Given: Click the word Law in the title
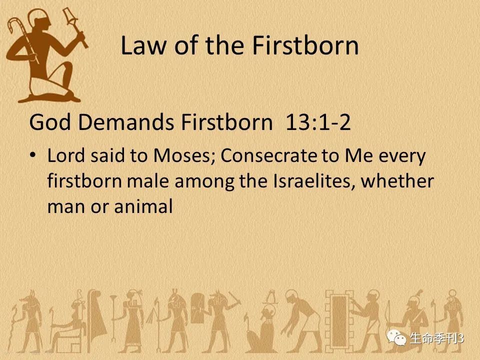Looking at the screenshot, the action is coord(143,45).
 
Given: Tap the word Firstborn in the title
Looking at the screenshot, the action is coord(305,45).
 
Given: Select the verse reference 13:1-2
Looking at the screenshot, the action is coord(318,122).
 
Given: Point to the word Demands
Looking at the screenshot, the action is coord(126,122).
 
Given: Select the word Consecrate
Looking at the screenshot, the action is coord(268,155).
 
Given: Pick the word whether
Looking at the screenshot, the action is coord(397,181).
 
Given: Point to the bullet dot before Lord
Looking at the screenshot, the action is coord(33,155).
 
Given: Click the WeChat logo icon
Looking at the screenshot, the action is coord(396,337).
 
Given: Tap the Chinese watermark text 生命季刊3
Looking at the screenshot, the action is coord(437,338).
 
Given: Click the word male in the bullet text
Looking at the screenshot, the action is coord(148,181).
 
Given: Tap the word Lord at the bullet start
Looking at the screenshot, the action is coord(66,155).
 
